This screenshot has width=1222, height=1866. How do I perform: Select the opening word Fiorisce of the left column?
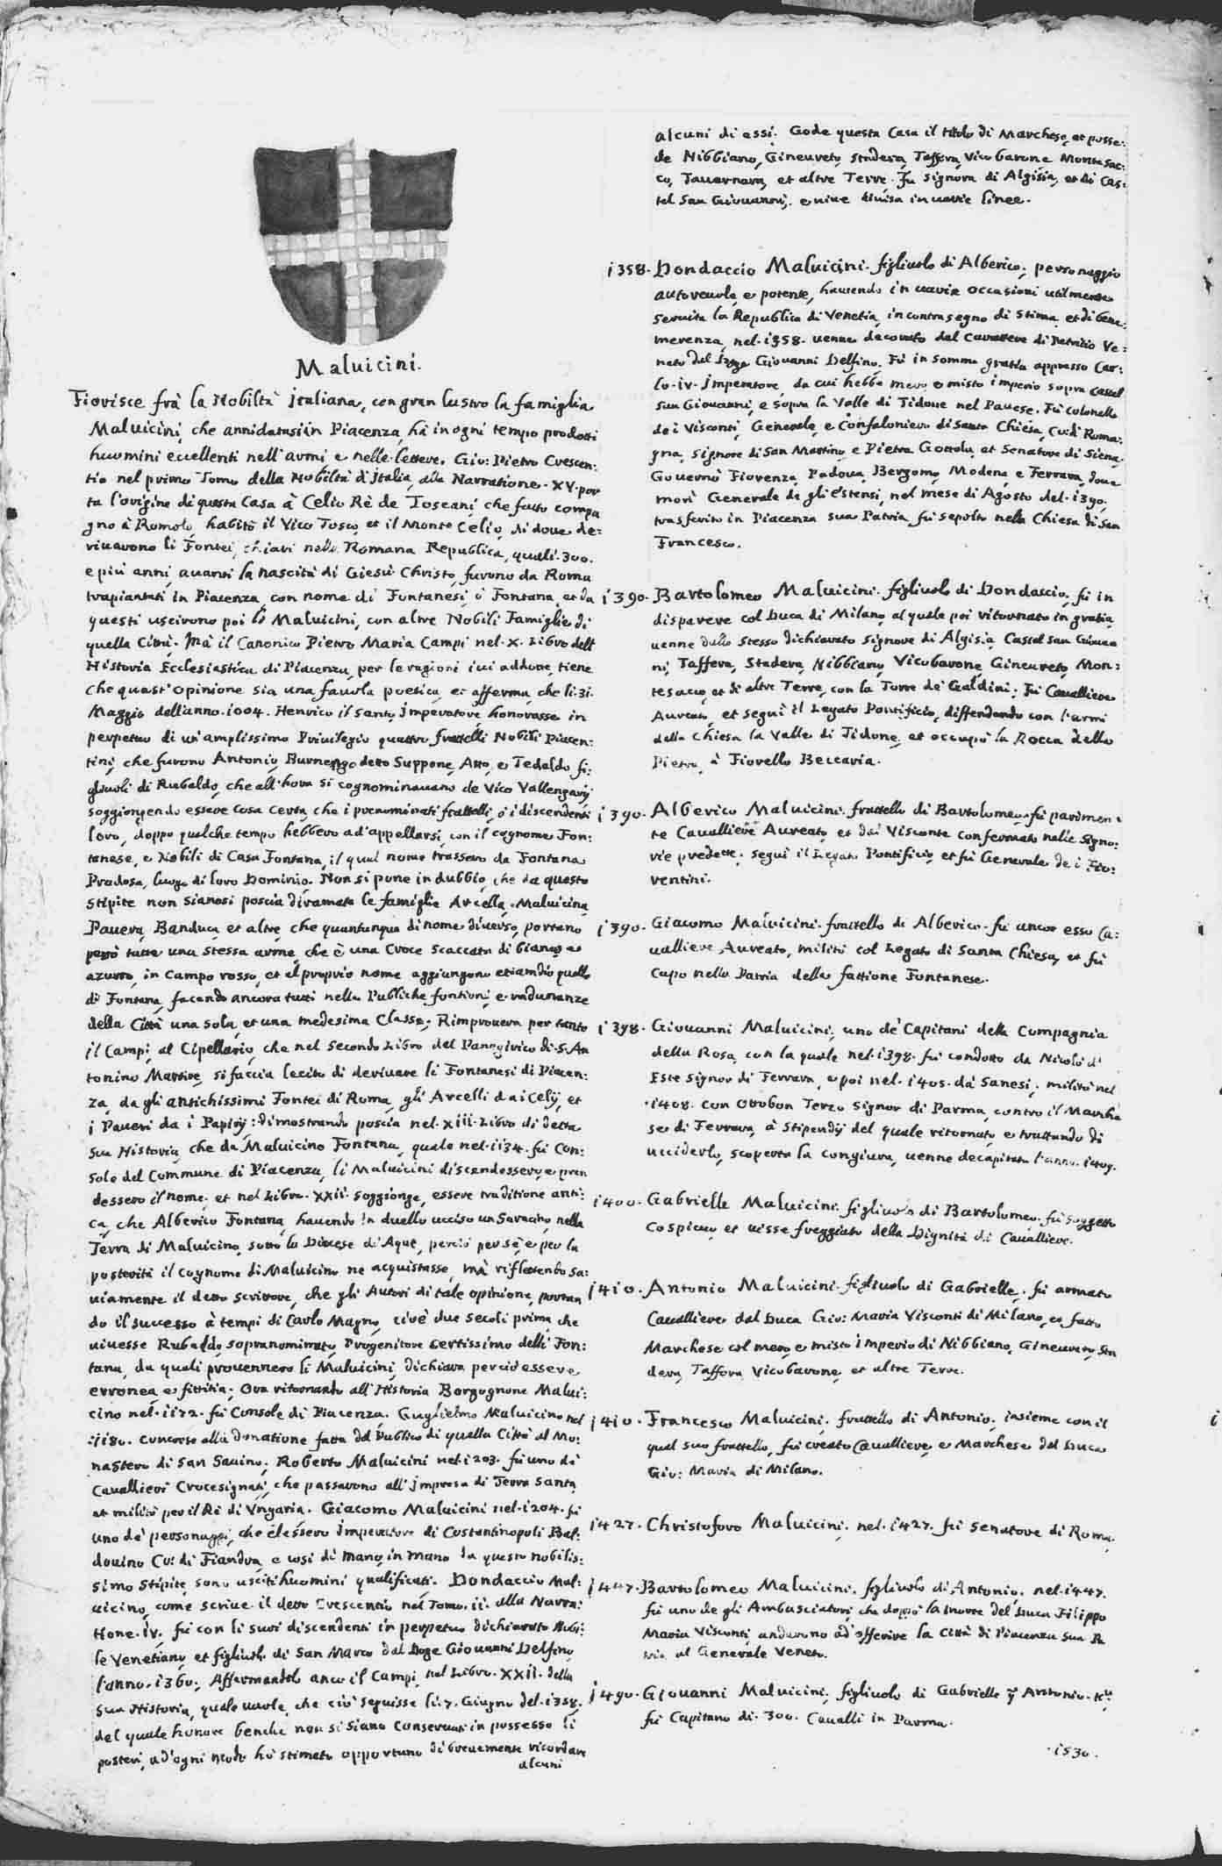pos(107,401)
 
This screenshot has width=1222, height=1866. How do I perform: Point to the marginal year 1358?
pos(625,269)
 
